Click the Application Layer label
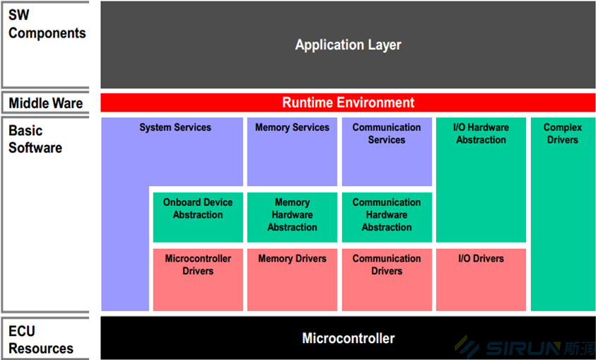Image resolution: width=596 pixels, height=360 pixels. pos(348,45)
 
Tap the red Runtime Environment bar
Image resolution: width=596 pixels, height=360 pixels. pos(348,103)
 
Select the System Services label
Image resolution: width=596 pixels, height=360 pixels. pos(175,128)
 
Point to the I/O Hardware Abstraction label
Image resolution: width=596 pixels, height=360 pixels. pos(481,134)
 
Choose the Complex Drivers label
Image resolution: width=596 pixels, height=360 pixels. pos(562,134)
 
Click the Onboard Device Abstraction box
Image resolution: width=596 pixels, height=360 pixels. pos(197,215)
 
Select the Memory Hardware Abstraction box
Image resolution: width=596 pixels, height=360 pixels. pos(292,215)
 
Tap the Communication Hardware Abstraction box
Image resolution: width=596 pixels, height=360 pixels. pos(387,215)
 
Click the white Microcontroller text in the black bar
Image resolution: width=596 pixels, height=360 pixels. pos(348,338)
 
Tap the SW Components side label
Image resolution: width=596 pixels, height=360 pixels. pos(47,24)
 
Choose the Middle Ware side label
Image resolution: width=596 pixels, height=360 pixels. pos(45,103)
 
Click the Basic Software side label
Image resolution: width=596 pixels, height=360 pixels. pos(35,139)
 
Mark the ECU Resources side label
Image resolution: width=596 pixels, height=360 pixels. pos(40,339)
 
